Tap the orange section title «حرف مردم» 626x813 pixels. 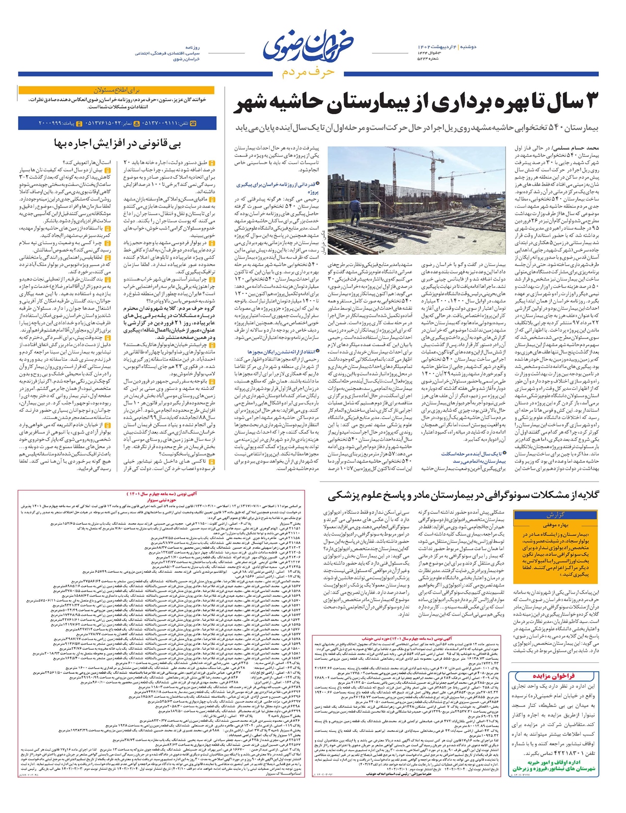point(307,72)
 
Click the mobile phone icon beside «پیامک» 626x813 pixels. point(80,124)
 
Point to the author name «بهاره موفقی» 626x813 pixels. point(556,525)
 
